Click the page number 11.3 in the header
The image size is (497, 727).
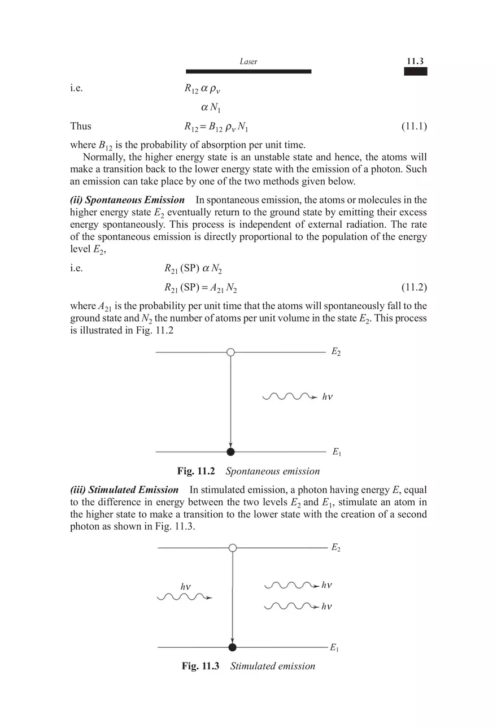[x=415, y=61]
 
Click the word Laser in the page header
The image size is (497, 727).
[x=249, y=62]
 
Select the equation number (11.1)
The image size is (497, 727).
[x=413, y=126]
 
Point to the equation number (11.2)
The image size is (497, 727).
[x=413, y=287]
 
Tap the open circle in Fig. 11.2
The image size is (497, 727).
[x=230, y=352]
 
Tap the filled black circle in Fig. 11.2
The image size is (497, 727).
[x=230, y=452]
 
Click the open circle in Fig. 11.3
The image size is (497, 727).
[x=233, y=547]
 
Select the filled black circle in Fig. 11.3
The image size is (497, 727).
[x=232, y=647]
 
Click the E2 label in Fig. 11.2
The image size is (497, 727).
[x=336, y=353]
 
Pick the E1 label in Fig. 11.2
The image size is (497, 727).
[x=336, y=452]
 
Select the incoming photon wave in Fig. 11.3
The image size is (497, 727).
[x=184, y=597]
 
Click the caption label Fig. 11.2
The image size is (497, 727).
[x=196, y=471]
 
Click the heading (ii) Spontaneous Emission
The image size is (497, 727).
[x=127, y=200]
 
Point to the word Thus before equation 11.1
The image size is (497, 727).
[x=81, y=126]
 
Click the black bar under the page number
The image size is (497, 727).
[x=415, y=71]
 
